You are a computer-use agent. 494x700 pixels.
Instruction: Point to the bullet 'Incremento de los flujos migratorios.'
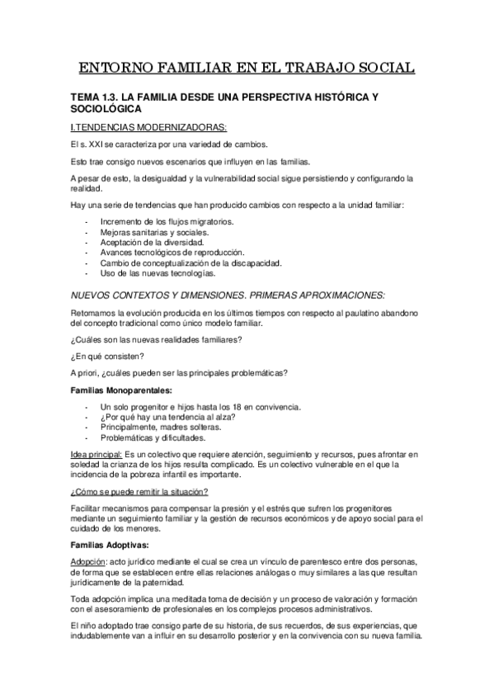pos(167,222)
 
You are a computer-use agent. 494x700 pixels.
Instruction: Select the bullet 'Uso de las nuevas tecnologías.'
pos(157,272)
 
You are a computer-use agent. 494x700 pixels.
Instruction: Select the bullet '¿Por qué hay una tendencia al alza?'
pos(167,417)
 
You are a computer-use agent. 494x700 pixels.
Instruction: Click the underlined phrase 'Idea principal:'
pos(96,454)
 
